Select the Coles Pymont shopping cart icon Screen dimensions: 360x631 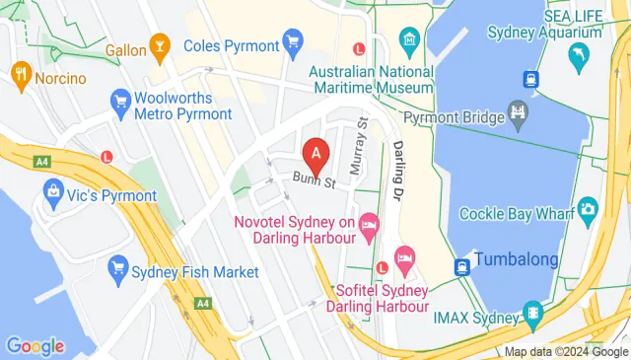292,41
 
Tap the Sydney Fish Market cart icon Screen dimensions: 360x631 119,266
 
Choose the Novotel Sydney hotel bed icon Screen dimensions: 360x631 369,226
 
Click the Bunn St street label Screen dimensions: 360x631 315,181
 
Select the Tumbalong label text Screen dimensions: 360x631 517,260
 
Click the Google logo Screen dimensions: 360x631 35,346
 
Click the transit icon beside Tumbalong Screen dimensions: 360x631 461,266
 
